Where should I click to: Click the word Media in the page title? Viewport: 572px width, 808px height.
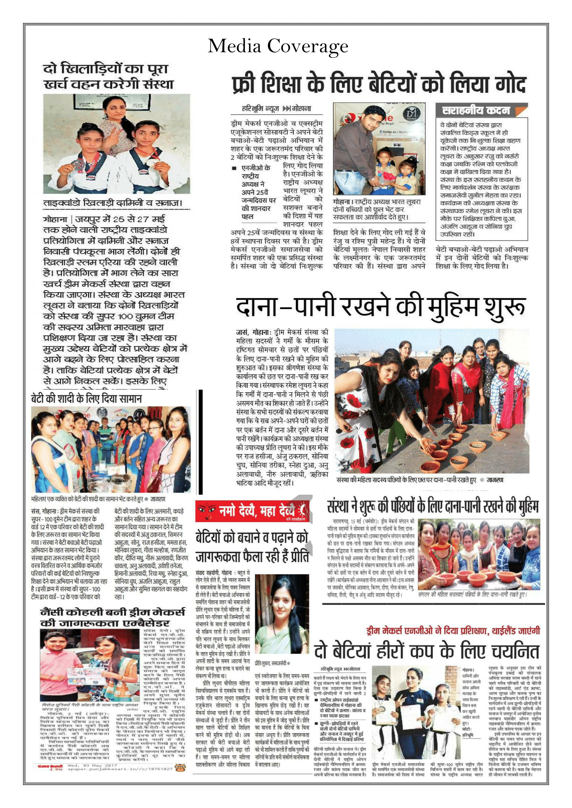pos(233,46)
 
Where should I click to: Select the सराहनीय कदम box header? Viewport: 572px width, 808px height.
pos(476,111)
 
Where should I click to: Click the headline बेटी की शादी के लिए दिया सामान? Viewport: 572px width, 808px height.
pos(86,399)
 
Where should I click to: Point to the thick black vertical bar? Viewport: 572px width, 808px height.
pos(201,442)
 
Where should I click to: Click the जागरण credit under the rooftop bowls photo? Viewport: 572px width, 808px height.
pos(495,480)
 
